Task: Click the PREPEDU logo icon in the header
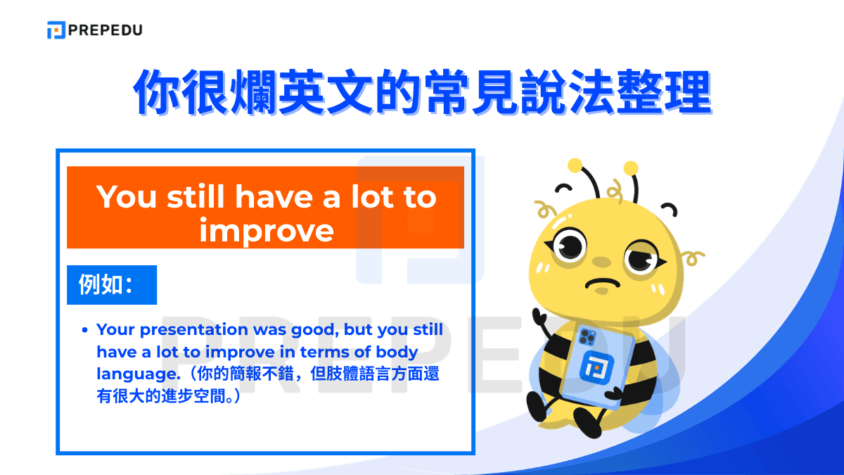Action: tap(56, 30)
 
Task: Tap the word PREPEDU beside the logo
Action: tap(105, 30)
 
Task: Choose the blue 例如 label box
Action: tap(111, 285)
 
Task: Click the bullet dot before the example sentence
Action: tap(84, 329)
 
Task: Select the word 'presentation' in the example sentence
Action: tap(194, 329)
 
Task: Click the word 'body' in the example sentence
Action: tap(397, 352)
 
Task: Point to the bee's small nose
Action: tap(601, 261)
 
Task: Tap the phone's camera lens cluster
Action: tap(587, 336)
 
